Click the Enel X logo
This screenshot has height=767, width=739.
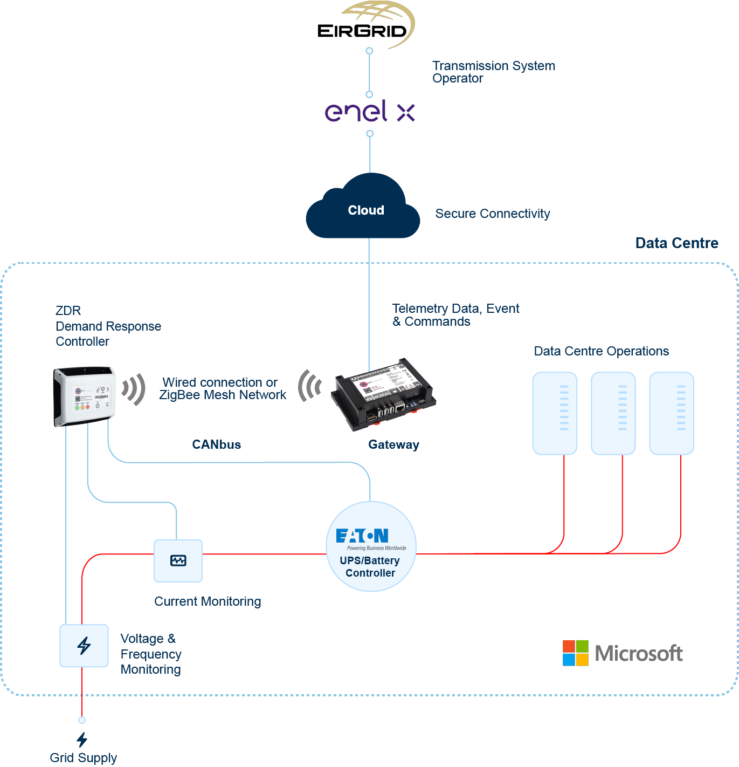pos(370,112)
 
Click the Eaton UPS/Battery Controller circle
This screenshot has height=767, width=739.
pos(371,546)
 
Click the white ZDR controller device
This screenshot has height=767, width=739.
pos(85,396)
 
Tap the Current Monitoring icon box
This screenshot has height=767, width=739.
pos(178,561)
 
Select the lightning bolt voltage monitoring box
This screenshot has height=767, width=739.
pos(84,646)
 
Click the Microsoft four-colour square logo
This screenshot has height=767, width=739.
pos(575,653)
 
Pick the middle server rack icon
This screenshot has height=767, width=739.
pos(613,413)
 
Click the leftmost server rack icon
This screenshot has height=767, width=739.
pos(555,413)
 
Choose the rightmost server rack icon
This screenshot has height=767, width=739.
pos(671,413)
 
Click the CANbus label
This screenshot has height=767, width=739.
pos(217,444)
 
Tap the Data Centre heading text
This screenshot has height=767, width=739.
pos(676,243)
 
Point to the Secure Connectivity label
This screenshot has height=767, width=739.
pos(492,214)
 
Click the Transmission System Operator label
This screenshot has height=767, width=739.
pos(493,72)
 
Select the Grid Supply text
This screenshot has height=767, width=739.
pos(83,758)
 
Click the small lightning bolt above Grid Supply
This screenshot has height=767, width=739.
pos(82,739)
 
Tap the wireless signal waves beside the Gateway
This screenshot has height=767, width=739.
pos(309,386)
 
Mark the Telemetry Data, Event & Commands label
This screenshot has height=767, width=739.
pos(455,315)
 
